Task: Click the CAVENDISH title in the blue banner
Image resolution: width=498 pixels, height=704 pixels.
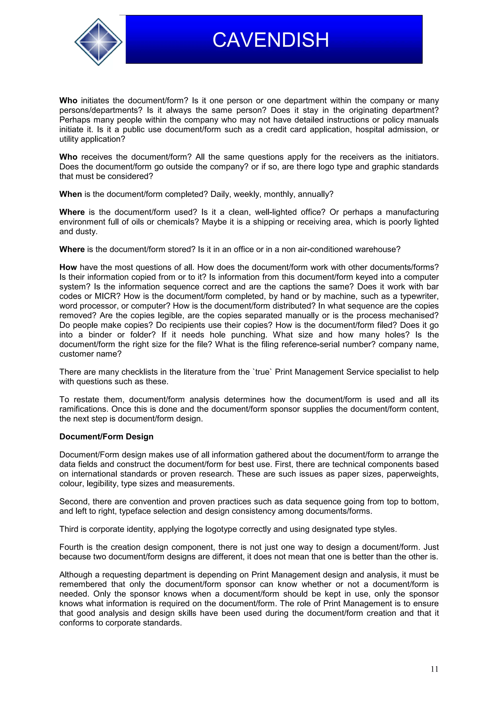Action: [x=271, y=40]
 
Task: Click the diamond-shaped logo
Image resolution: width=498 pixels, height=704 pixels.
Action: [x=98, y=42]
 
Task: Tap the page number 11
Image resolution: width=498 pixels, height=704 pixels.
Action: [x=434, y=669]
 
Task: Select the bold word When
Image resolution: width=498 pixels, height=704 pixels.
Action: [x=71, y=194]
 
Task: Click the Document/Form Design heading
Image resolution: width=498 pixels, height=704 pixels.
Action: [x=106, y=436]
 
